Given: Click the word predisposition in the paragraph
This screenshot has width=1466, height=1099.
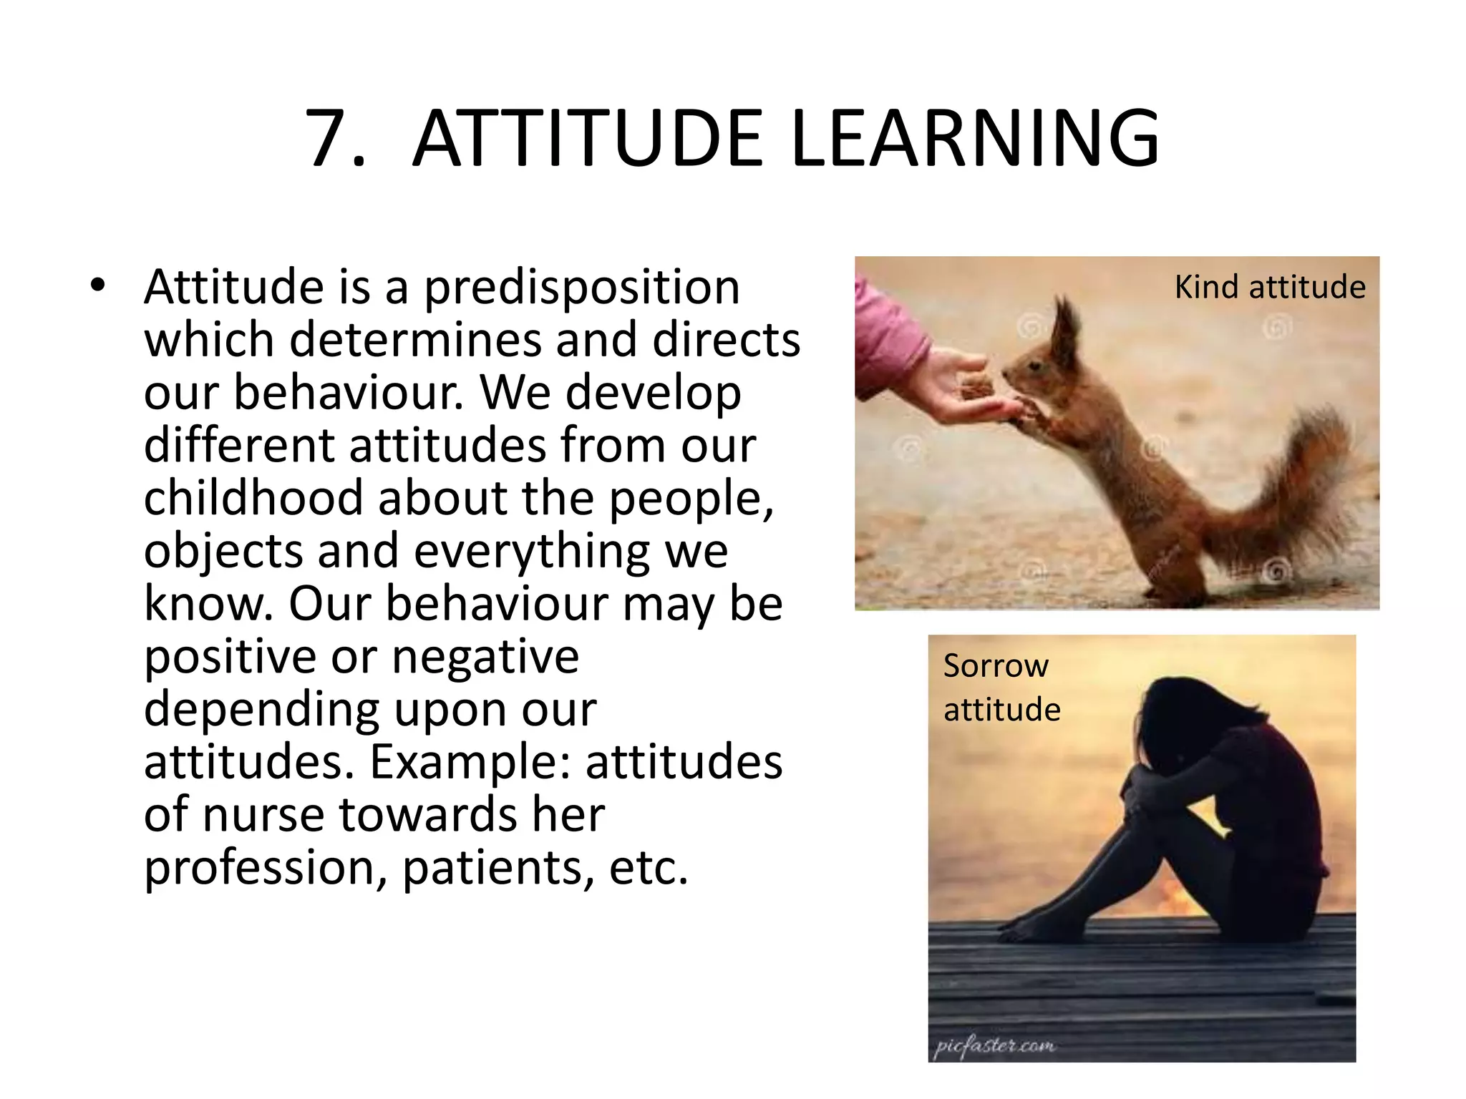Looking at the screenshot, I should [581, 288].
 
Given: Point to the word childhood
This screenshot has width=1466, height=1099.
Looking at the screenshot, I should [253, 498].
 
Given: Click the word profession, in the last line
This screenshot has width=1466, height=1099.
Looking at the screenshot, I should [266, 868].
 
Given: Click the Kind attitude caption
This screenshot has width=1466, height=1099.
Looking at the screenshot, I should [1269, 288].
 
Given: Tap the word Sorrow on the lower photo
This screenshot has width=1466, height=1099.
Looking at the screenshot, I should [996, 666].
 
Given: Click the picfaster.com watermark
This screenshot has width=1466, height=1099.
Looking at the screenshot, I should [995, 1045].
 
